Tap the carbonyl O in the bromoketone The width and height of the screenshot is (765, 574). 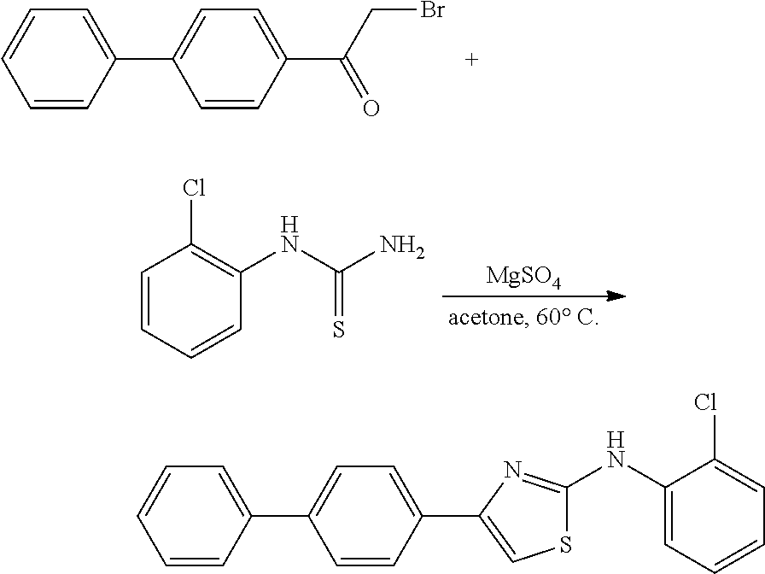pyautogui.click(x=371, y=108)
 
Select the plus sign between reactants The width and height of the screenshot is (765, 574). pyautogui.click(x=470, y=60)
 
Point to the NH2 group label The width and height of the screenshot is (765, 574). pyautogui.click(x=402, y=248)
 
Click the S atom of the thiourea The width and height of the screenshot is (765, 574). pyautogui.click(x=338, y=330)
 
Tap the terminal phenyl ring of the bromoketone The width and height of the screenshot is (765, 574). pyautogui.click(x=58, y=60)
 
